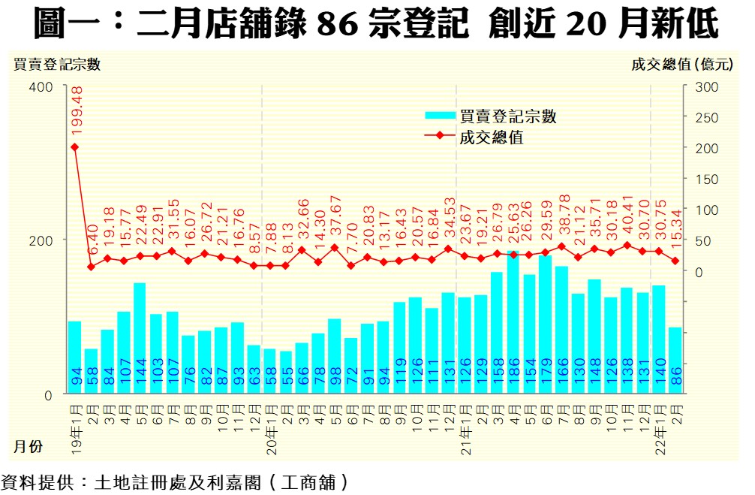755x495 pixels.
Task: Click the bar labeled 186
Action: pos(513,322)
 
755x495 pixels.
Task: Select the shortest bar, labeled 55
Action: pos(286,372)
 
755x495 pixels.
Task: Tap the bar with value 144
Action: pos(140,338)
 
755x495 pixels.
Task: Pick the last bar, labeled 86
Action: pos(675,361)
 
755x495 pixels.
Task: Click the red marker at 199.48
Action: pos(75,146)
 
